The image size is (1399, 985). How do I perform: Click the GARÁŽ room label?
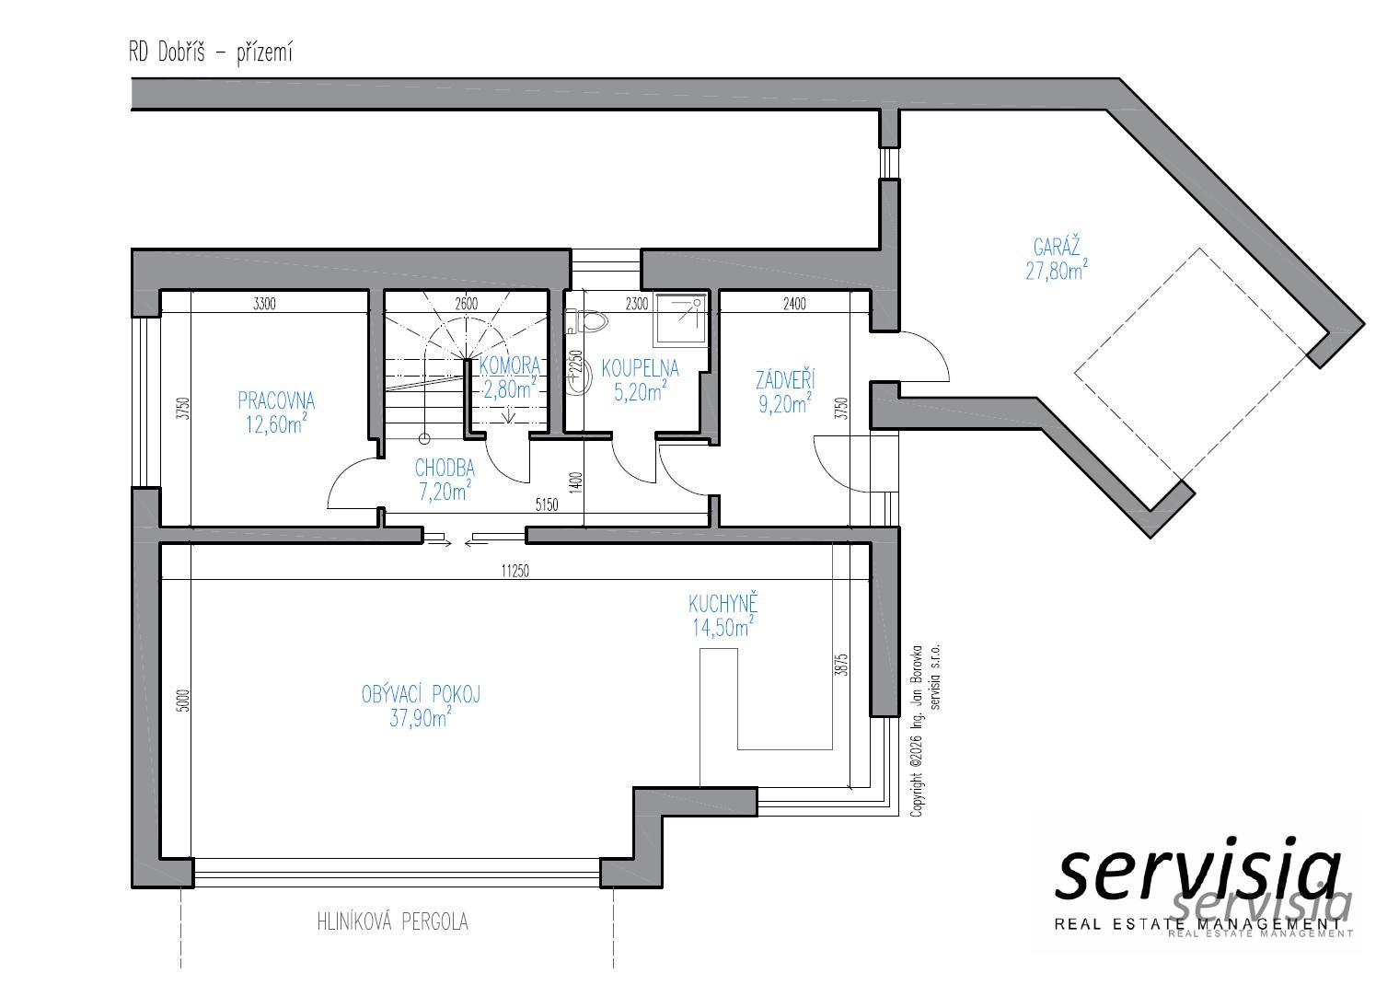1056,248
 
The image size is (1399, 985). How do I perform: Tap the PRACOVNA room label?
276,401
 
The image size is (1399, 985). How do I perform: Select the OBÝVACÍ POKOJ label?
421,694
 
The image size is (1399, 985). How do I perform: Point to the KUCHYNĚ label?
723,603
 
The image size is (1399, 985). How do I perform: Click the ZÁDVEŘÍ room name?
785,380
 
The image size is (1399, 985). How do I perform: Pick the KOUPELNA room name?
640,368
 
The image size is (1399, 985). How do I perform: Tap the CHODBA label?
445,469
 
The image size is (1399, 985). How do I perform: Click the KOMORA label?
509,365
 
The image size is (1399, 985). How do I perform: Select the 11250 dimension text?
515,571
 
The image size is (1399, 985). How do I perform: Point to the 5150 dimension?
547,504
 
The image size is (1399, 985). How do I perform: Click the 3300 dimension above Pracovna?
264,304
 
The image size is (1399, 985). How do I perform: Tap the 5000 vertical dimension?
182,701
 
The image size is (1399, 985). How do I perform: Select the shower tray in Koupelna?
681,319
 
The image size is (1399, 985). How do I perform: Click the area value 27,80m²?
1057,271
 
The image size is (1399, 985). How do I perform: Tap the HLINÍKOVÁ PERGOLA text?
392,922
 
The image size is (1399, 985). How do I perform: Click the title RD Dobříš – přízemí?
211,53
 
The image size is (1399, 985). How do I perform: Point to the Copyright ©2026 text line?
916,731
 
